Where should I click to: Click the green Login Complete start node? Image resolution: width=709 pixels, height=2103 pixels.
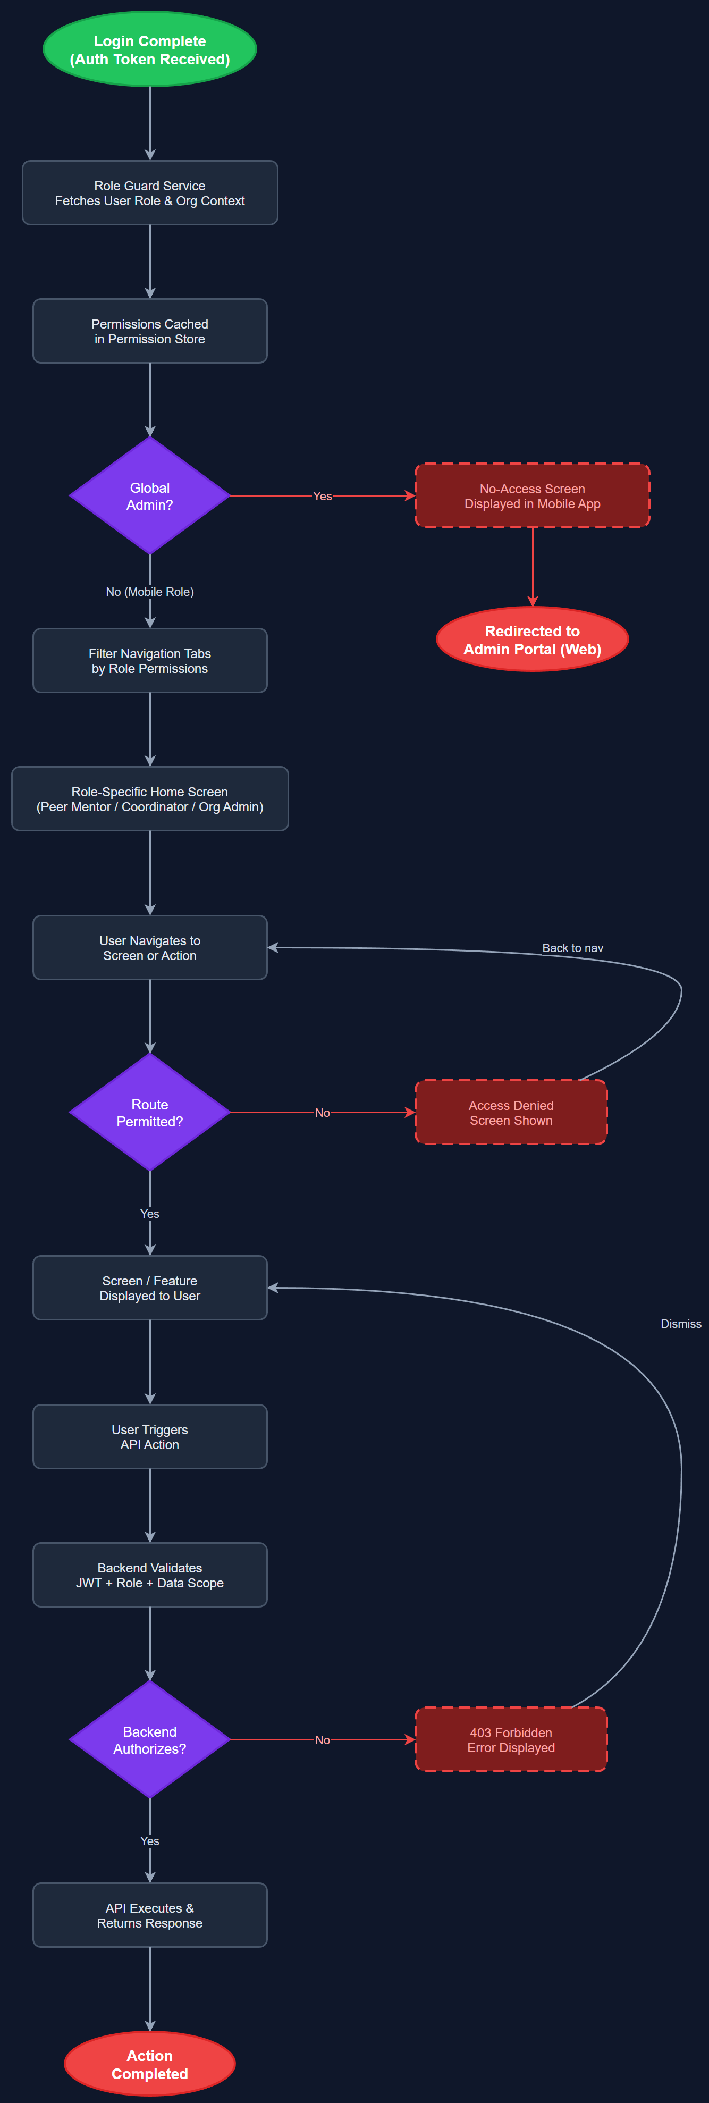pos(149,50)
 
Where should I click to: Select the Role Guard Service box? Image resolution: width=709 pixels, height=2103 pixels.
pos(149,192)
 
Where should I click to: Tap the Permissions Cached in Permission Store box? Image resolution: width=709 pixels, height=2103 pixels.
pos(149,331)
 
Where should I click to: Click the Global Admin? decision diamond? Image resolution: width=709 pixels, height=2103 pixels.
pos(149,495)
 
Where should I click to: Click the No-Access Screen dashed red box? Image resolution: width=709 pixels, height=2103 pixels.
pos(532,495)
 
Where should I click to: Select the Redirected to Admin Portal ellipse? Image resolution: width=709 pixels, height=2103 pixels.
pos(532,639)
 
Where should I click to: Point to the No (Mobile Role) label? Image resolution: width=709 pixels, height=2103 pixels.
pos(149,592)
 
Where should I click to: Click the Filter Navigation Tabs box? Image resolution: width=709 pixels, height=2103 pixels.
pos(149,660)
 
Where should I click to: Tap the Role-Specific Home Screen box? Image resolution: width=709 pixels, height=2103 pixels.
pos(149,798)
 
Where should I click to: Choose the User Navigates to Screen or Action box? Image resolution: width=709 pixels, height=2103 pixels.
pos(149,948)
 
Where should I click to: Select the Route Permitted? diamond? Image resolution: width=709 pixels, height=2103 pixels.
pos(149,1112)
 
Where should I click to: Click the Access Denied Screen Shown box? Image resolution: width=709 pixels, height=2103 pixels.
pos(511,1112)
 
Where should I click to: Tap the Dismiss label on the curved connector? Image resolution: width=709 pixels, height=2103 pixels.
pos(680,1323)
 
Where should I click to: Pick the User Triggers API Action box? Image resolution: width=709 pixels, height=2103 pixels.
pos(149,1437)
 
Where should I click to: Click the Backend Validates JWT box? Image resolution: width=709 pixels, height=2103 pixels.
pos(149,1575)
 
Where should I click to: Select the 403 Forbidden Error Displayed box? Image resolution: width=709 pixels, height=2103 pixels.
pos(511,1740)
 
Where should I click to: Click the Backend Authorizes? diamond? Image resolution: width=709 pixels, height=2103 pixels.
pos(149,1740)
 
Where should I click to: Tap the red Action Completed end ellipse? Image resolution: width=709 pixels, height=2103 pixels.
pos(149,2064)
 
